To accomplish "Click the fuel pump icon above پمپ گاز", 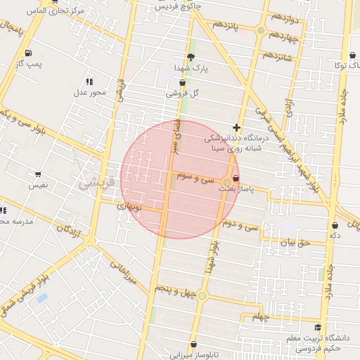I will [x=27, y=53].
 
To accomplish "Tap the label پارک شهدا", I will [x=192, y=69].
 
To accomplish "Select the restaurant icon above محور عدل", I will [x=89, y=82].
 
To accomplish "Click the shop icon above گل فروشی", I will [x=182, y=82].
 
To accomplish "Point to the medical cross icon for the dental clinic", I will [x=236, y=128].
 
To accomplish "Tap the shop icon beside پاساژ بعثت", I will [x=235, y=179].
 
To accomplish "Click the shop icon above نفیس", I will [x=38, y=174].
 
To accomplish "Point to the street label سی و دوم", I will [x=239, y=226].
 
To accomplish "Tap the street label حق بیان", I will [x=295, y=243].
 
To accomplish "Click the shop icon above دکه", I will [x=335, y=226].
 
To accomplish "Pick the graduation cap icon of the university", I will [x=318, y=328].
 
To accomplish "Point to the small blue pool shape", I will [x=42, y=298].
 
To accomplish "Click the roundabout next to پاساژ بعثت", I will [x=226, y=182].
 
